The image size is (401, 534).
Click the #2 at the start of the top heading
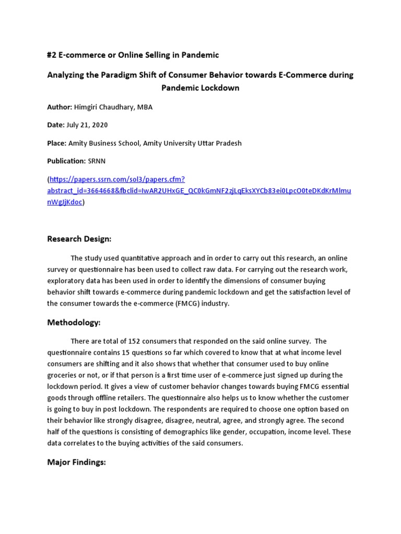[x=52, y=55]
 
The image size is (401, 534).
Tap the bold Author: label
[x=60, y=107]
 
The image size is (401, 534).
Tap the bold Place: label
[x=57, y=143]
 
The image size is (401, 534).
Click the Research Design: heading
[x=79, y=239]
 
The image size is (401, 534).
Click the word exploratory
[x=67, y=281]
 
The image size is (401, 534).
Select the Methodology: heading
[x=74, y=323]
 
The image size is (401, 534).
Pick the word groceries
[x=64, y=375]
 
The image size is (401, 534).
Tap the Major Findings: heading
[x=77, y=462]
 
